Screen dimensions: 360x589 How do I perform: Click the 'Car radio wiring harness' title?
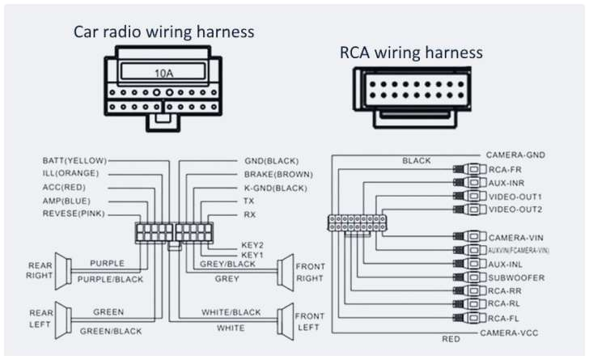coord(163,32)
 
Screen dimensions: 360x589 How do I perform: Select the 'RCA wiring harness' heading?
coord(411,53)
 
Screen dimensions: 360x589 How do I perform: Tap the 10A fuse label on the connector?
coord(163,73)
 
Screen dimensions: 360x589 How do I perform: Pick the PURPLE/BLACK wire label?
coord(109,279)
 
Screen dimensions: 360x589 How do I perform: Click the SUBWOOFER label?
coord(516,277)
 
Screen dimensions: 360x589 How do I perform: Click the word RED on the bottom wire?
coord(451,339)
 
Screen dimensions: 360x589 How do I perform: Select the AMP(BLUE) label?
coord(66,201)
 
